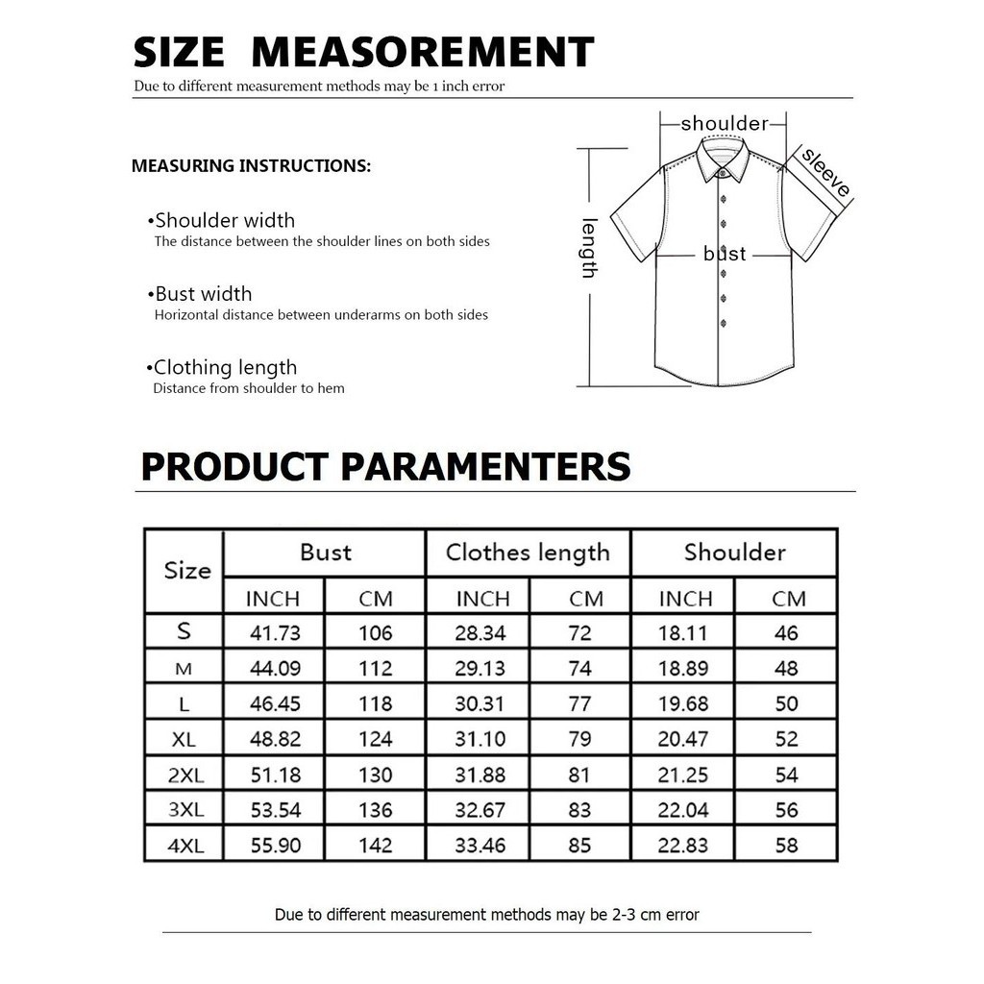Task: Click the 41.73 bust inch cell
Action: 275,632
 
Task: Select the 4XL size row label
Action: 184,846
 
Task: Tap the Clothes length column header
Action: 528,553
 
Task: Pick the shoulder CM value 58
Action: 787,846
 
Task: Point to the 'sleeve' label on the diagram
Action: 825,172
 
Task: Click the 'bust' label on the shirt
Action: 725,254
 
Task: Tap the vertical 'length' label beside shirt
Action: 589,248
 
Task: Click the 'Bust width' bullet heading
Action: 203,294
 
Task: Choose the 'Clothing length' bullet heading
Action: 225,367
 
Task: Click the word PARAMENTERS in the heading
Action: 486,467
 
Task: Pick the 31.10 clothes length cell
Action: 480,739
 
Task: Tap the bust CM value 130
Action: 375,775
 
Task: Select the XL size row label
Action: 184,739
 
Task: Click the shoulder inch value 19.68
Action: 683,703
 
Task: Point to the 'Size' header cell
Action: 186,570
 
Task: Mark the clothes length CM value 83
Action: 579,810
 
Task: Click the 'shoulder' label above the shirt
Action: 725,123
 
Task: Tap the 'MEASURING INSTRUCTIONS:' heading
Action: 251,166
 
